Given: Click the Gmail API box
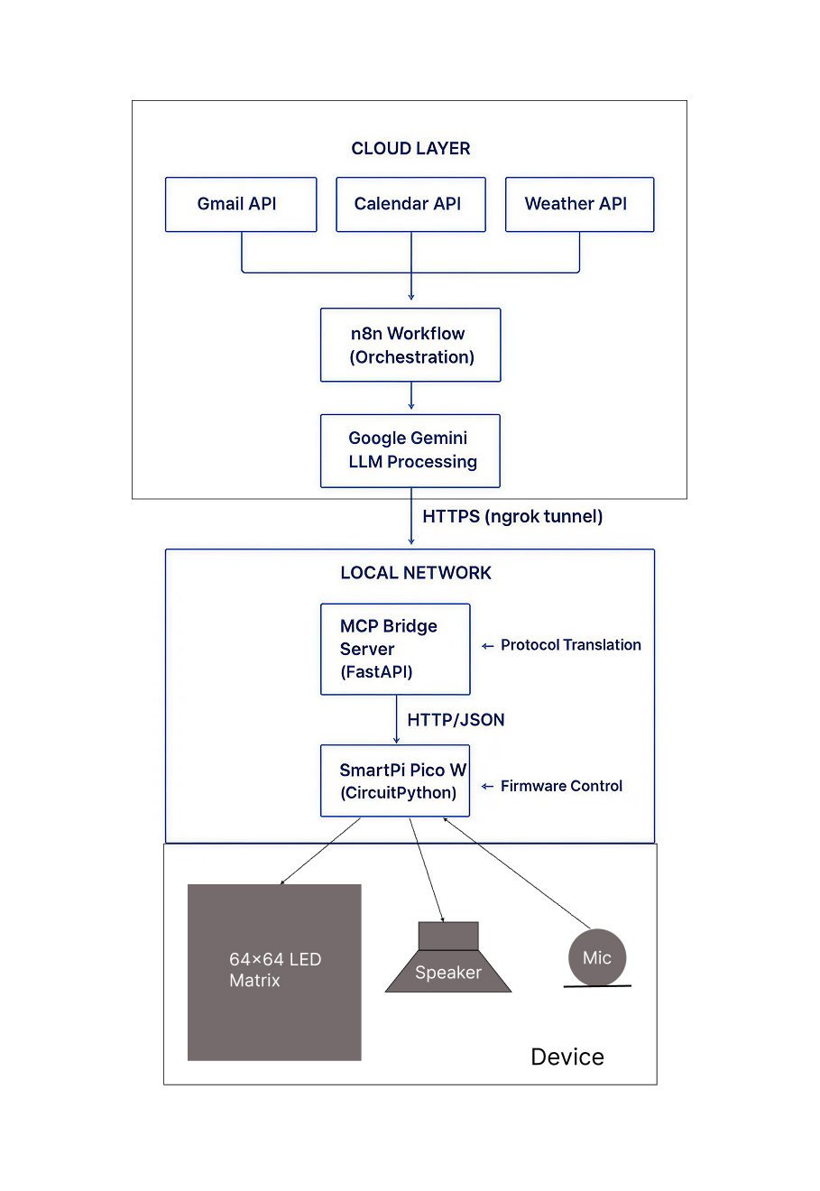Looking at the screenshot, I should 241,205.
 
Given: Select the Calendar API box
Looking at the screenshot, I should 410,205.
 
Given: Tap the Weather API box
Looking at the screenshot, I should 579,205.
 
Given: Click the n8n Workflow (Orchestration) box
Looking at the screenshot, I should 410,346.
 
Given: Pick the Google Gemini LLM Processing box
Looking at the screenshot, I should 410,450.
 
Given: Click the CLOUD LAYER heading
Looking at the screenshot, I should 410,149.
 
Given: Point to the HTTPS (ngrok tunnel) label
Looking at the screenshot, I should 511,517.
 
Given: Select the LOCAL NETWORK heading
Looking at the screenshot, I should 415,573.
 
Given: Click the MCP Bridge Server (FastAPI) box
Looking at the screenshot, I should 395,649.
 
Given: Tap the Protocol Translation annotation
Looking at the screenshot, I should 570,645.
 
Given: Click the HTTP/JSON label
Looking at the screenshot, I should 456,720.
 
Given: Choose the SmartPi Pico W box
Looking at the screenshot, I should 395,780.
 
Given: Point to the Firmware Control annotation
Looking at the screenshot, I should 561,786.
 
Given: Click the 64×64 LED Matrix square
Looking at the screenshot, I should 274,972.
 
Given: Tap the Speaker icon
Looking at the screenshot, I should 448,960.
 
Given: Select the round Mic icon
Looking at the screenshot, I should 596,957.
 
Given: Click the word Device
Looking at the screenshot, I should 567,1057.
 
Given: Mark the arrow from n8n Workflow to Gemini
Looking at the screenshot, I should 411,397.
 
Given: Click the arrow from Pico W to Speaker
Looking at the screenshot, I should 427,870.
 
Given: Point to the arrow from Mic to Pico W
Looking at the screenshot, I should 516,872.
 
